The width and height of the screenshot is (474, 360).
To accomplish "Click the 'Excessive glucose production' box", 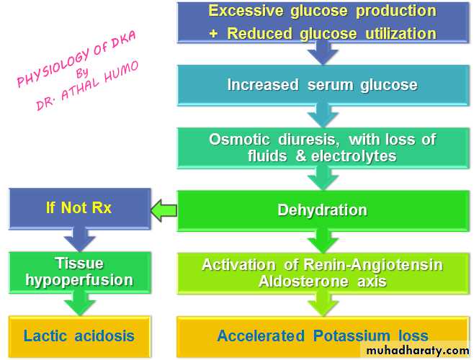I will point(322,22).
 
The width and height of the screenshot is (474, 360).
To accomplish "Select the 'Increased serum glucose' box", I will point(322,84).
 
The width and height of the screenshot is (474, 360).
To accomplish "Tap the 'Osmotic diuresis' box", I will point(322,147).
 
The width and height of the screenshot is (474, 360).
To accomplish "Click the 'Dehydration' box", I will point(322,210).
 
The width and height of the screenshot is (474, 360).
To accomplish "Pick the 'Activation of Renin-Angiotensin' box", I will point(322,272).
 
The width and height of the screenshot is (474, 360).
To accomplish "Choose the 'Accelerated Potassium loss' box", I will point(322,336).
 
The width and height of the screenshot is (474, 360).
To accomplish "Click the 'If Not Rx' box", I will point(79,209).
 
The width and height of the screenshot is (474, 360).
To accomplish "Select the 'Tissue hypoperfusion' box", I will point(79,271).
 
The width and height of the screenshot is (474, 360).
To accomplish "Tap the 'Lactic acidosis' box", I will point(79,336).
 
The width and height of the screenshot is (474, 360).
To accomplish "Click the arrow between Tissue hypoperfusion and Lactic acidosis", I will point(79,304).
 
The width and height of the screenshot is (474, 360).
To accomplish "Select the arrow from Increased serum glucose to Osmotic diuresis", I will point(322,115).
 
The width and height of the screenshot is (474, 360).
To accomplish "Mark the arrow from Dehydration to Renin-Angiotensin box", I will point(322,240).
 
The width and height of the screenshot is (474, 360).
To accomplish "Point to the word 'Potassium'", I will point(352,336).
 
